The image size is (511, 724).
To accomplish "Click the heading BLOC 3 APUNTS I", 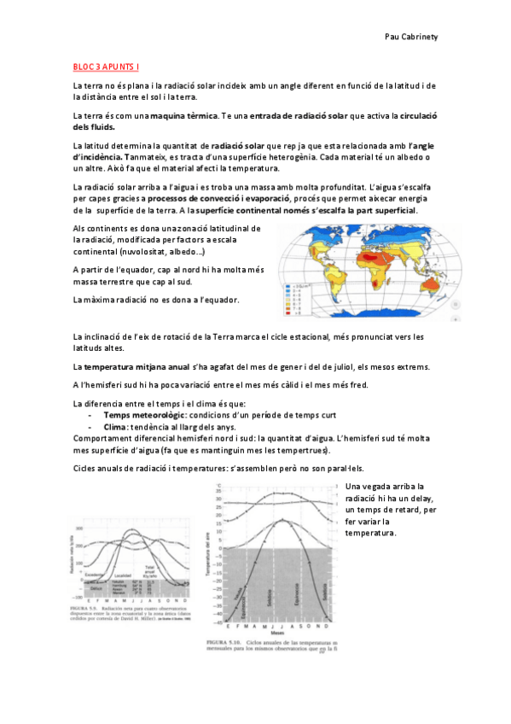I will [107, 66].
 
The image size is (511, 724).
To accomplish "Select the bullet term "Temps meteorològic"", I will [143, 415].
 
